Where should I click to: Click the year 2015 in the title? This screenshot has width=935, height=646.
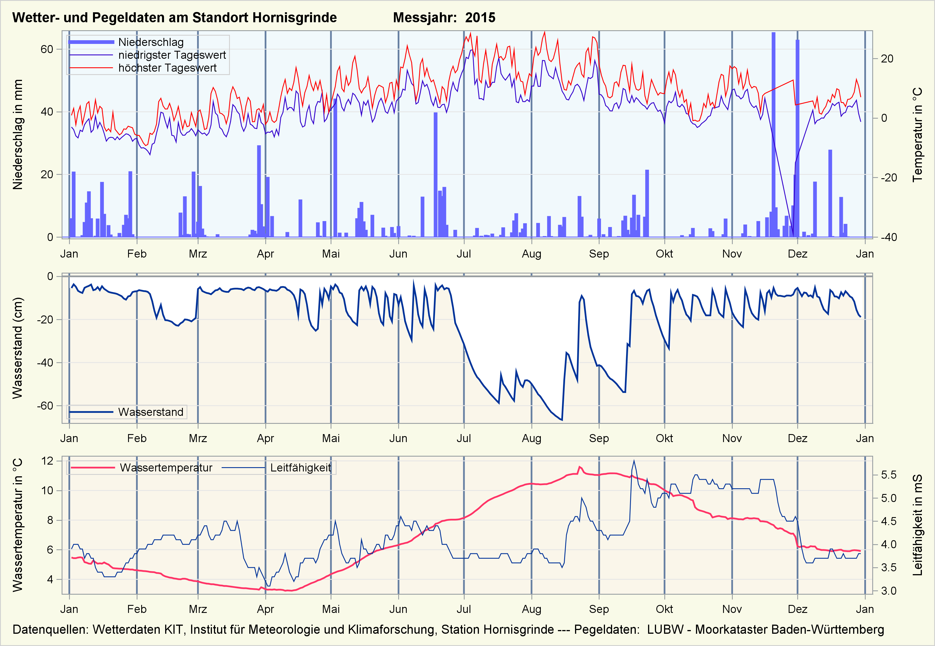(x=480, y=17)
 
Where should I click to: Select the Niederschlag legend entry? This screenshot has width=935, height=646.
(x=151, y=42)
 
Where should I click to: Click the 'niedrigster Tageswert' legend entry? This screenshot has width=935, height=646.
(x=172, y=55)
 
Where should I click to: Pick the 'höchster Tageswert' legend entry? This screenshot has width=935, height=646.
(x=167, y=68)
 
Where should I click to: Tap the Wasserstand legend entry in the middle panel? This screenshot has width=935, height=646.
(x=151, y=412)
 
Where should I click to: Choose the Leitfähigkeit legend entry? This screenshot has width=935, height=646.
(x=300, y=468)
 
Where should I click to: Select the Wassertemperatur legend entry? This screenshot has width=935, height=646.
(x=166, y=468)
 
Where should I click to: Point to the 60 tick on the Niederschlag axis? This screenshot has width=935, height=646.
(x=47, y=49)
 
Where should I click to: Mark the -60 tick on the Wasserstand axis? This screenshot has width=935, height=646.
(x=45, y=406)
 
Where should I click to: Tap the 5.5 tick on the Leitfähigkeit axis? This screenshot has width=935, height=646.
(x=889, y=475)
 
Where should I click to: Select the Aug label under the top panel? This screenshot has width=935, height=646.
(x=531, y=254)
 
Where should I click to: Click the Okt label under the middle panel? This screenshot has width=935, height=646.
(x=664, y=438)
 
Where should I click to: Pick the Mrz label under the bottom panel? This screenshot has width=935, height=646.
(x=198, y=609)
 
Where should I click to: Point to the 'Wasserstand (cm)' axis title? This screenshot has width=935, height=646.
(x=17, y=348)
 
